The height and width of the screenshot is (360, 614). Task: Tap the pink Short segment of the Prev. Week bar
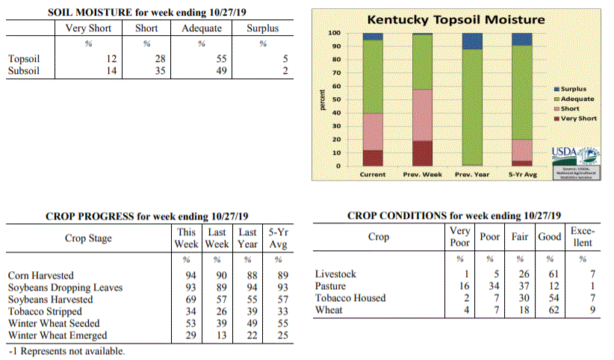tap(423, 115)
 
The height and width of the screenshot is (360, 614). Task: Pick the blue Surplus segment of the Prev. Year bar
tap(472, 41)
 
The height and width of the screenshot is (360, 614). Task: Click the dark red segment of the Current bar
tap(372, 158)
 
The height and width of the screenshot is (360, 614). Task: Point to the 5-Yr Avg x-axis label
tap(522, 175)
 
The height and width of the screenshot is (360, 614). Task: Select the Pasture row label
tap(331, 286)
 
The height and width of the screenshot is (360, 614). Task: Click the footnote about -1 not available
tap(66, 351)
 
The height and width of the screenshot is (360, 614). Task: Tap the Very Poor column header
tap(460, 237)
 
